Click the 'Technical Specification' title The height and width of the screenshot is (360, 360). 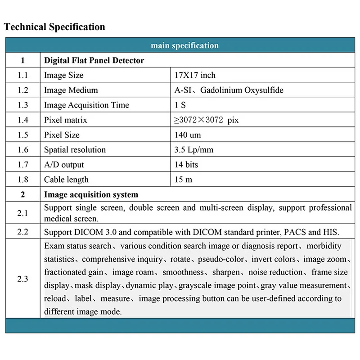pyautogui.click(x=54, y=27)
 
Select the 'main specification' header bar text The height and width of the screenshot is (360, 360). pyautogui.click(x=184, y=45)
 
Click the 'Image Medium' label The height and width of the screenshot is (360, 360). pyautogui.click(x=71, y=90)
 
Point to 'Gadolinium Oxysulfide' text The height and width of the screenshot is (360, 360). pyautogui.click(x=242, y=90)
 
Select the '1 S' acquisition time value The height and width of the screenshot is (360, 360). pyautogui.click(x=180, y=105)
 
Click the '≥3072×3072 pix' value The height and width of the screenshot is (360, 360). pyautogui.click(x=207, y=120)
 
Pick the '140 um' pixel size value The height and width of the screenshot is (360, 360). pyautogui.click(x=188, y=135)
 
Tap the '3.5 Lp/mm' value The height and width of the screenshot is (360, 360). pyautogui.click(x=194, y=150)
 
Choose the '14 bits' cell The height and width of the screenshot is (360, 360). pyautogui.click(x=186, y=165)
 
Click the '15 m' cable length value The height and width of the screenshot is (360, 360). pyautogui.click(x=183, y=180)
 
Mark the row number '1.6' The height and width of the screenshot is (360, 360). pyautogui.click(x=22, y=150)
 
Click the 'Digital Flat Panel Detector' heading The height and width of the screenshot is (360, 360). pyautogui.click(x=94, y=60)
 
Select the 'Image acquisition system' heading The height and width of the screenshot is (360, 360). pyautogui.click(x=91, y=195)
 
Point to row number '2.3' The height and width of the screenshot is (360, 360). pyautogui.click(x=22, y=279)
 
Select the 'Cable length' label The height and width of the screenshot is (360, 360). pyautogui.click(x=66, y=180)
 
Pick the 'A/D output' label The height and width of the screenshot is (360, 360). pyautogui.click(x=64, y=165)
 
